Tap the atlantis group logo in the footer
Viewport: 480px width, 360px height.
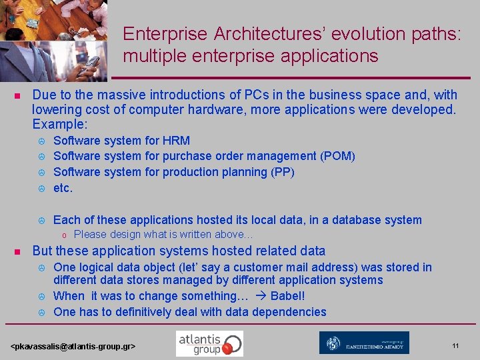tap(209, 343)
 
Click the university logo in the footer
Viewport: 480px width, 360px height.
tap(364, 343)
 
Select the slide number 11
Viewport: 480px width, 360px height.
tap(455, 345)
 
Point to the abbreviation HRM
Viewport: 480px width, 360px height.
tap(176, 141)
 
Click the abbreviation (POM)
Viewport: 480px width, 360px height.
tap(337, 156)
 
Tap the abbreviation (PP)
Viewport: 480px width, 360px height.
tap(280, 172)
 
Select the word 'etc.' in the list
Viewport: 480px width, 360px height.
tap(63, 188)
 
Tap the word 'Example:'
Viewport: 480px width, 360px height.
tap(61, 124)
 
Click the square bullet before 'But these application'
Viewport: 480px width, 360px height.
tap(17, 251)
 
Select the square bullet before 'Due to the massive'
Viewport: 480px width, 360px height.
tap(17, 95)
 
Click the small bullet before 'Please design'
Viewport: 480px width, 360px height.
tap(64, 235)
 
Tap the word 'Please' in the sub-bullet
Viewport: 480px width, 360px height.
tap(90, 235)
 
